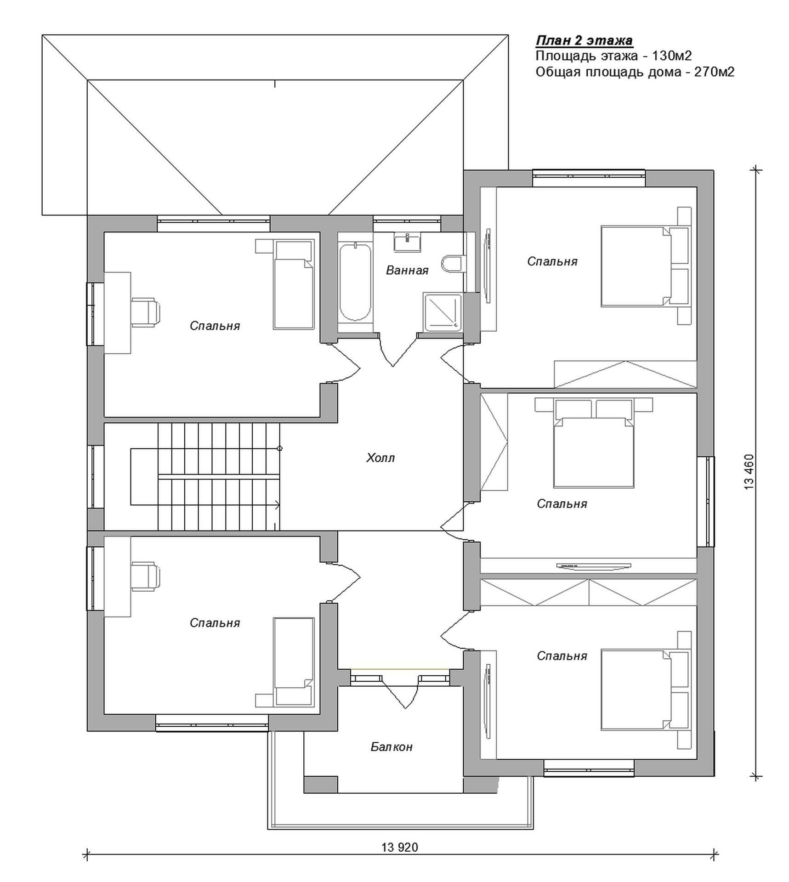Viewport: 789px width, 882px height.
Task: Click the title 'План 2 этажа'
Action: pos(584,41)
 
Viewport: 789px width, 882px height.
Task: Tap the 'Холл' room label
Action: pos(380,458)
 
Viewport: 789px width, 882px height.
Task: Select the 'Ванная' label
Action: pos(407,270)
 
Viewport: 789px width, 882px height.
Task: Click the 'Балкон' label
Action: pos(392,746)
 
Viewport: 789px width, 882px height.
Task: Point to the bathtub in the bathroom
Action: pos(355,283)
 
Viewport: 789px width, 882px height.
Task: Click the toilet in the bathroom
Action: pos(451,264)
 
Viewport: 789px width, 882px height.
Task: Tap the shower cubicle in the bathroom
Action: pos(443,312)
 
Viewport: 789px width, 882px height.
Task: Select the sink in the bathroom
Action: pos(407,242)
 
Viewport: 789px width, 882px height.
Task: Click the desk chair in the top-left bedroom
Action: pos(146,312)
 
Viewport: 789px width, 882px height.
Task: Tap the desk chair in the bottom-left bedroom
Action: pos(146,576)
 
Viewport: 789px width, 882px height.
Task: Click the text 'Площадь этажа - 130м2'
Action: pos(613,56)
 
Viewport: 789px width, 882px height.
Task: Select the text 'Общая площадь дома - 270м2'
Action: pos(635,72)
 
